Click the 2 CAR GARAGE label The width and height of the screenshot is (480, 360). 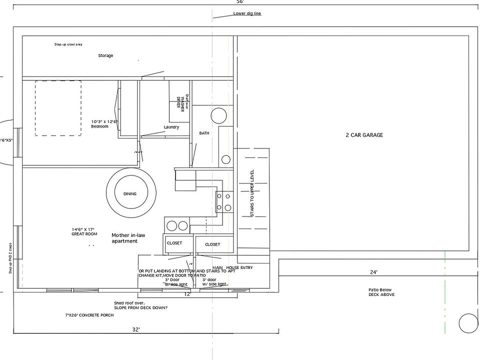click(364, 135)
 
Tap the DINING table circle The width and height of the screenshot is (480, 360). click(129, 193)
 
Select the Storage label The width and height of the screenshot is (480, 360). click(105, 55)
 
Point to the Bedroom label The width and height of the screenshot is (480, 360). click(99, 126)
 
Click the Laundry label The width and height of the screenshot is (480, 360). click(171, 127)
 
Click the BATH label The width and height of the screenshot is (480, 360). click(204, 133)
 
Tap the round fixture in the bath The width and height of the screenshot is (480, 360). click(218, 115)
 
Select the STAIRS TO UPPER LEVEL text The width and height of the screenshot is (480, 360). click(252, 193)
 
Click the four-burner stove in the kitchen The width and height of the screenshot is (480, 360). click(223, 201)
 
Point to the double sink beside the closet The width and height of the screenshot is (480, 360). click(177, 225)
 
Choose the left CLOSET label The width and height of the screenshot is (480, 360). click(174, 243)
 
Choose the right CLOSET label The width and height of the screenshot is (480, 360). click(212, 244)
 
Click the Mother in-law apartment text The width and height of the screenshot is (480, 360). click(124, 237)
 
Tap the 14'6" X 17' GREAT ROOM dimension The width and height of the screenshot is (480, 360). click(83, 231)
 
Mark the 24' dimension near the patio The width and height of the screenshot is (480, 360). click(373, 272)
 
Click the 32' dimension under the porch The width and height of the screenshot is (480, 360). click(136, 329)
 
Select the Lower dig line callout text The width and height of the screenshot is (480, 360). click(247, 13)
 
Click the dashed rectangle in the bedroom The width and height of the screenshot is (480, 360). click(58, 108)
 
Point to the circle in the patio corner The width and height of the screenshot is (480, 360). click(468, 322)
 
